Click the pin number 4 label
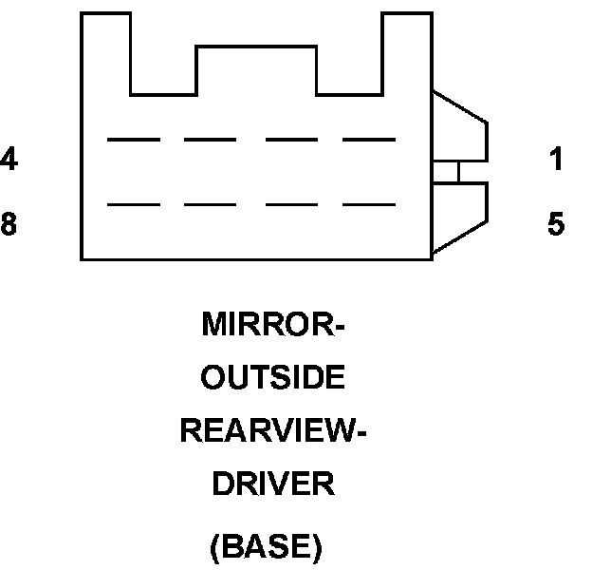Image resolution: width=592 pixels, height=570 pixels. tap(9, 160)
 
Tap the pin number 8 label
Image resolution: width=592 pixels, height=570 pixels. tap(9, 224)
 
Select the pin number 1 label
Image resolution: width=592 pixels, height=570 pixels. tap(557, 160)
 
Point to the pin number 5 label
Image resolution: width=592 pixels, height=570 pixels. tap(556, 224)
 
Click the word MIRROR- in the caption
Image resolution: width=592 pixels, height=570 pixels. tap(273, 326)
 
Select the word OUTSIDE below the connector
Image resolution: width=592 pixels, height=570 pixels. tap(274, 378)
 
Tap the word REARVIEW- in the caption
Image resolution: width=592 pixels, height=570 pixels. tap(273, 431)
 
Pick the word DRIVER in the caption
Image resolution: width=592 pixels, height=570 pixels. tap(273, 484)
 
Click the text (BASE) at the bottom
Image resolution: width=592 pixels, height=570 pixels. tap(266, 547)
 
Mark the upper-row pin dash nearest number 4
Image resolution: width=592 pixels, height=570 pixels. tap(134, 140)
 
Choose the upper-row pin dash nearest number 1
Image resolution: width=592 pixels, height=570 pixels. tap(368, 140)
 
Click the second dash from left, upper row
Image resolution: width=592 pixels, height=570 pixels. tap(211, 140)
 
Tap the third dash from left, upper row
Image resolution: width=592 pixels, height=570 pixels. tap(291, 140)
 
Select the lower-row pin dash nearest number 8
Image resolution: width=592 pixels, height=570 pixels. tap(134, 203)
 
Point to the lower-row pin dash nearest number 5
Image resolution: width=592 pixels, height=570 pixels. tap(368, 203)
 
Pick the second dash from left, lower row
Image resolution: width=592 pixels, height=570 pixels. tap(211, 203)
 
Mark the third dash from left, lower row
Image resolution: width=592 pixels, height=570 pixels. tap(291, 203)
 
